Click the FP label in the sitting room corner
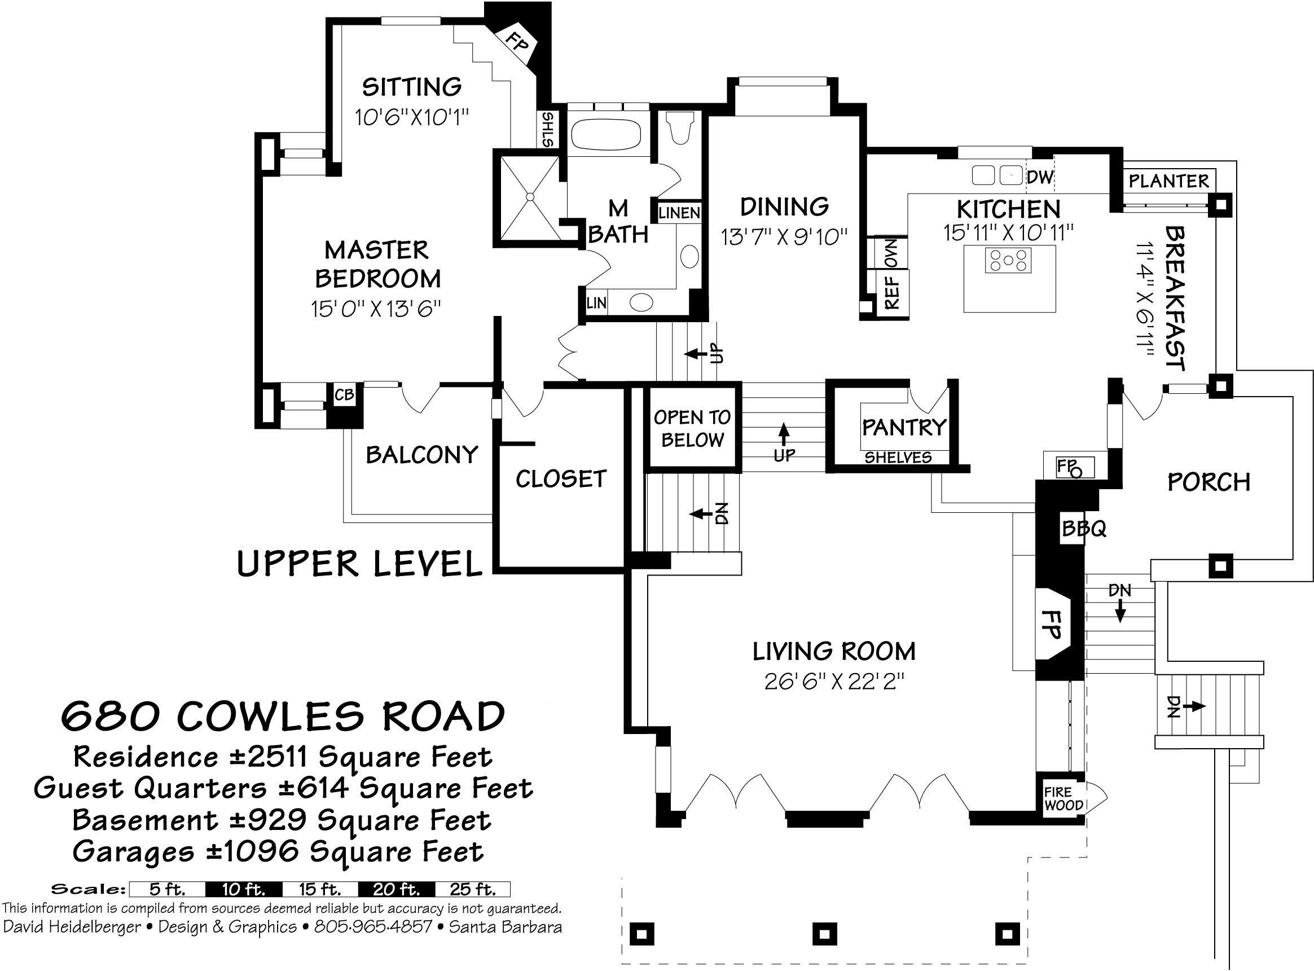517,42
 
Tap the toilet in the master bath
680,127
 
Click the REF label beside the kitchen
892,292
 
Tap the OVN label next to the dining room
891,253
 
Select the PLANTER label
1169,181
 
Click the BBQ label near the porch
1084,529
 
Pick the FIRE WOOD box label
1062,799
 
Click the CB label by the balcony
344,395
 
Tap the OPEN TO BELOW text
692,428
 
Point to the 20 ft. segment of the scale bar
396,889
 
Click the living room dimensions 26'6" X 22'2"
833,682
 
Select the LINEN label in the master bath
679,213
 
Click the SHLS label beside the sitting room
548,130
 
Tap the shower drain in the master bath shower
529,197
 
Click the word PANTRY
903,427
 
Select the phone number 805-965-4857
373,927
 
